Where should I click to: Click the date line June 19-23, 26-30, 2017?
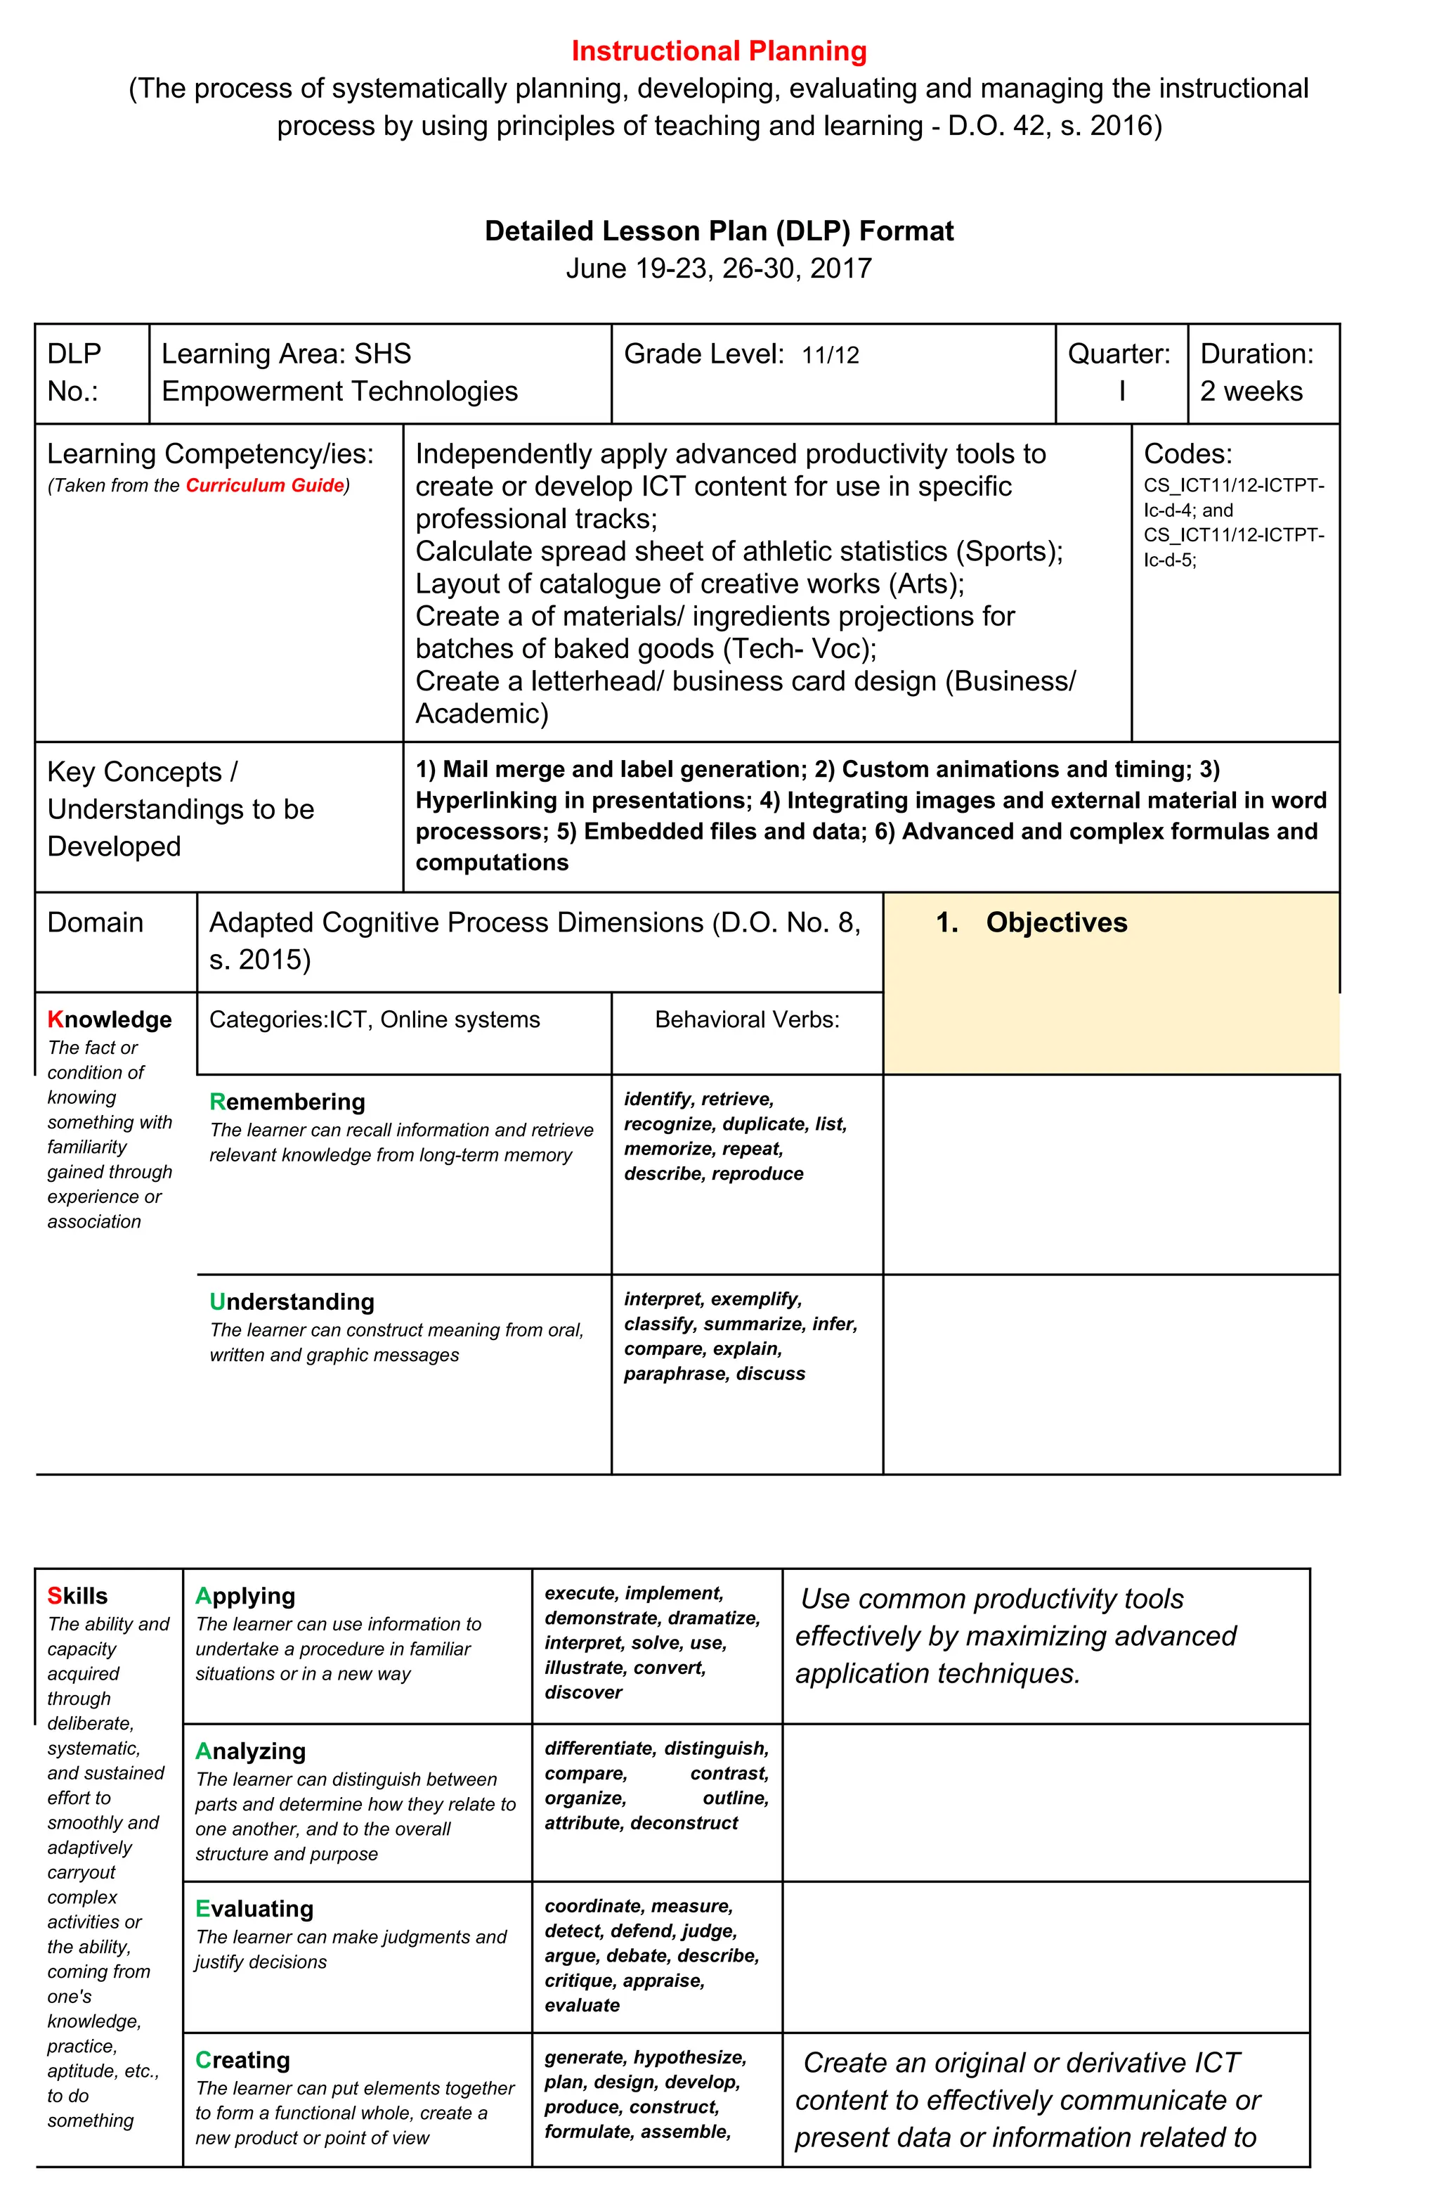pyautogui.click(x=719, y=269)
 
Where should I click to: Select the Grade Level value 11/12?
pyautogui.click(x=830, y=355)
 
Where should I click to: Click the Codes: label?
pyautogui.click(x=1187, y=453)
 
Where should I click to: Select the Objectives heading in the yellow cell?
pyautogui.click(x=1055, y=922)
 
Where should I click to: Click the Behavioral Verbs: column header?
pyautogui.click(x=746, y=1019)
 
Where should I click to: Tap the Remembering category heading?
pyautogui.click(x=287, y=1101)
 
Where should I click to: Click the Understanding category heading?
pyautogui.click(x=292, y=1302)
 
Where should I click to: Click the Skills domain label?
pyautogui.click(x=78, y=1596)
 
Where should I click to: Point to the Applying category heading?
pyautogui.click(x=245, y=1596)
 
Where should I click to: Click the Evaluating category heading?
pyautogui.click(x=254, y=1909)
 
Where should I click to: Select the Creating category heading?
pyautogui.click(x=242, y=2061)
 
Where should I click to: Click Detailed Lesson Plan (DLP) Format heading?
pyautogui.click(x=719, y=231)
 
